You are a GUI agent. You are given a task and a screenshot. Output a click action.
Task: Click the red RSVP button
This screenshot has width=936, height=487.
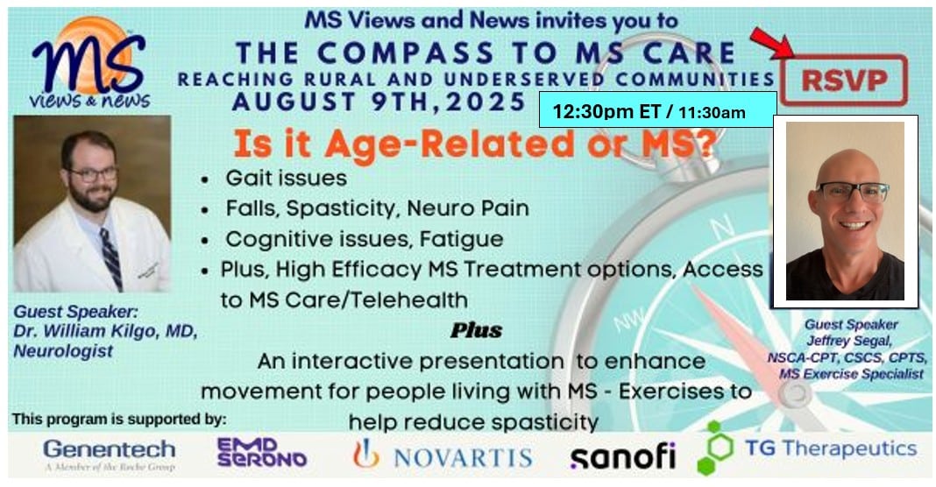[843, 80]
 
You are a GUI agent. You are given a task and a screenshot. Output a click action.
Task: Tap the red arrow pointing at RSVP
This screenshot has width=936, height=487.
[771, 44]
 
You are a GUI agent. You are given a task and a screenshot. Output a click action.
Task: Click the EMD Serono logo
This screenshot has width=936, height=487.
[261, 452]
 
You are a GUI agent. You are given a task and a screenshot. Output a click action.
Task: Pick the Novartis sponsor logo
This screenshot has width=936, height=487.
[443, 455]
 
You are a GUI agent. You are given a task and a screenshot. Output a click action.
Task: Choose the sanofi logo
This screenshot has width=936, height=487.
[622, 456]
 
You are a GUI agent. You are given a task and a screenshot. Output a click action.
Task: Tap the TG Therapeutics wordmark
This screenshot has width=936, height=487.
[831, 448]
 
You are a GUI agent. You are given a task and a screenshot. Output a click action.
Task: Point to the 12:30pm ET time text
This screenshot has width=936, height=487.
[606, 111]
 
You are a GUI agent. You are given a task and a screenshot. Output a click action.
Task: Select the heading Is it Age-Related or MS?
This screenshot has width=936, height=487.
[474, 145]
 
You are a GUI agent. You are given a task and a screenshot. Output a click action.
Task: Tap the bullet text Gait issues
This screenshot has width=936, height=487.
[286, 178]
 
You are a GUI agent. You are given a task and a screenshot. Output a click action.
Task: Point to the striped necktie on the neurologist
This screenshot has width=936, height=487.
[112, 258]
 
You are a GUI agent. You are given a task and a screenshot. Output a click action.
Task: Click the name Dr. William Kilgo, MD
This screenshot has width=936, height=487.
[105, 331]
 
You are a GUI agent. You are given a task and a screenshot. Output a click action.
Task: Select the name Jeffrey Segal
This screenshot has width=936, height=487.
[849, 341]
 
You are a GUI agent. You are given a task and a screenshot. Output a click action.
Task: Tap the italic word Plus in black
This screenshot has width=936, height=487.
[477, 330]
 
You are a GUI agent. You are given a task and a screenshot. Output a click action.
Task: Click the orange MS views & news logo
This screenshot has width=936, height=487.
[89, 63]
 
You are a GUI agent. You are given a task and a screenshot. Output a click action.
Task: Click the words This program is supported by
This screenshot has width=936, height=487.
[119, 420]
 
